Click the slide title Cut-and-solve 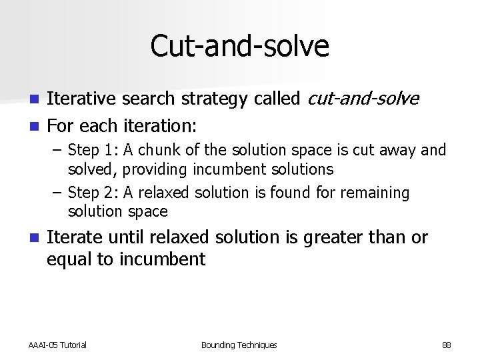[239, 46]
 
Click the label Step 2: [93, 192]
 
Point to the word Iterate [73, 237]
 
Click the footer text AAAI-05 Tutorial [57, 345]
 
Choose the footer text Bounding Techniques [239, 345]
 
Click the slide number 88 [446, 345]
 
